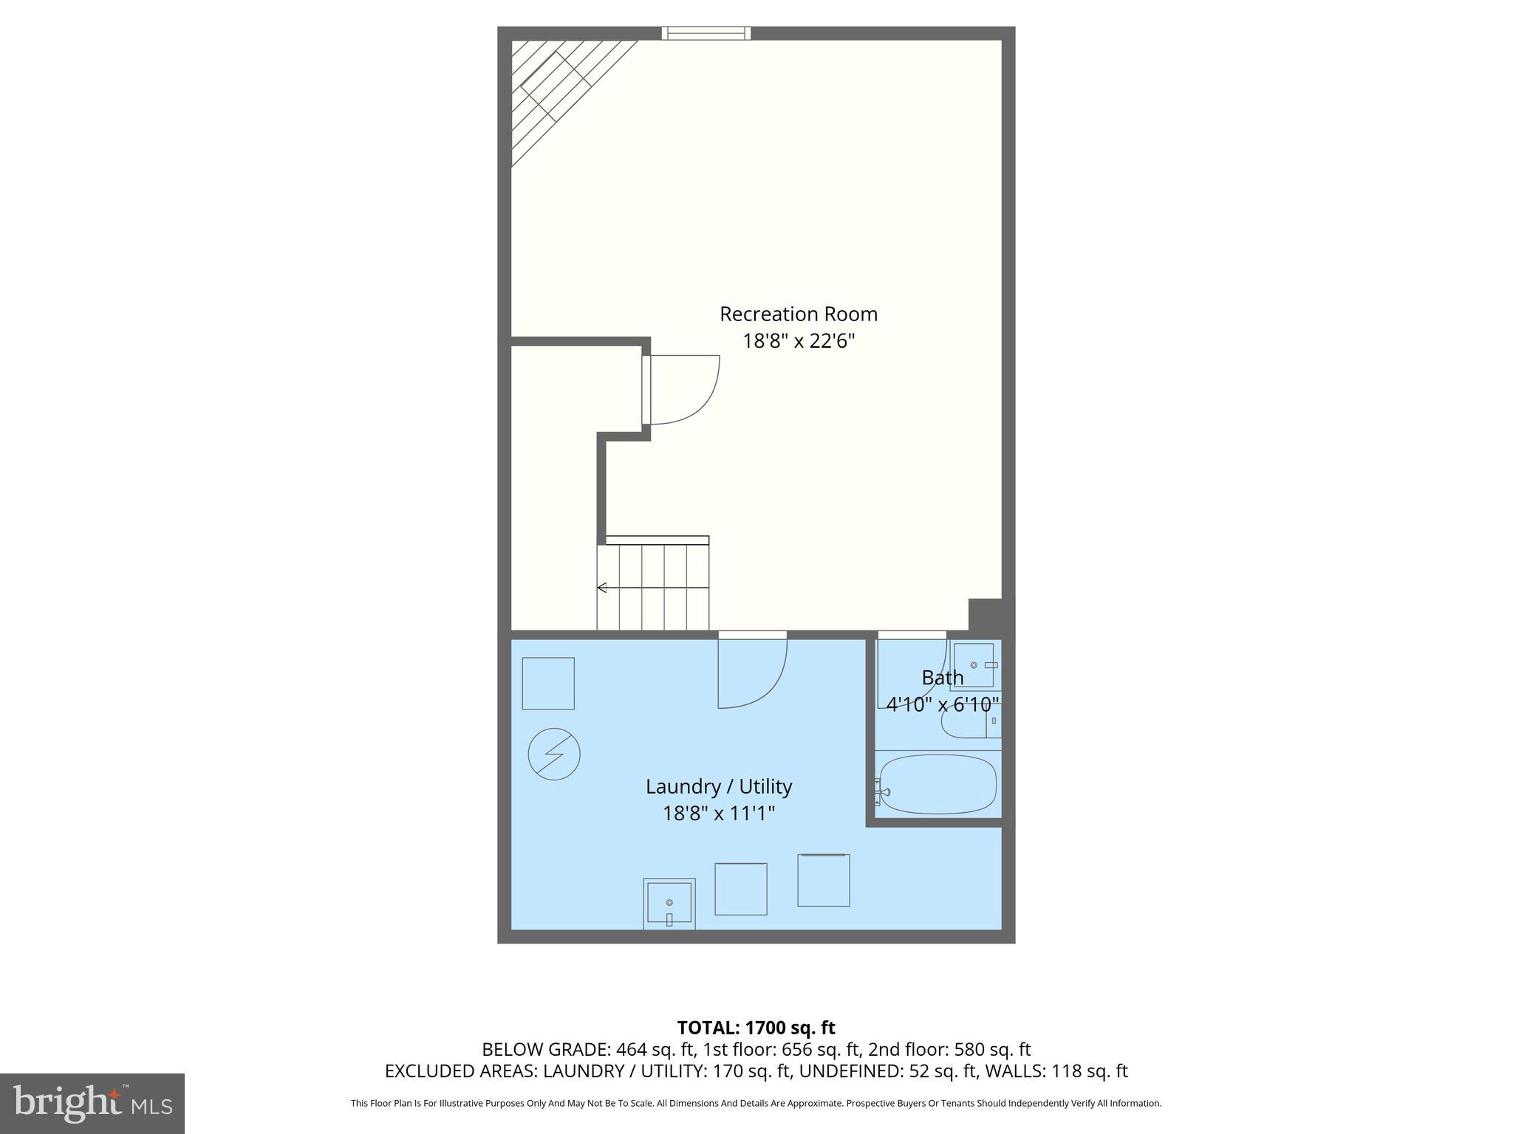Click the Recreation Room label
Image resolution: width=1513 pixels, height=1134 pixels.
click(x=799, y=315)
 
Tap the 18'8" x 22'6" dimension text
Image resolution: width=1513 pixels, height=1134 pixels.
click(x=799, y=341)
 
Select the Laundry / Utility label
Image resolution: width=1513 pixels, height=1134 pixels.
click(x=719, y=787)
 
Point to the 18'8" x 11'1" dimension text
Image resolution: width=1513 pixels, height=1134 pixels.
click(x=719, y=814)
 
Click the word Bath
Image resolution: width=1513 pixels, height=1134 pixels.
click(x=943, y=678)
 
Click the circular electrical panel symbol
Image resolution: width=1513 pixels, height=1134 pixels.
click(x=554, y=755)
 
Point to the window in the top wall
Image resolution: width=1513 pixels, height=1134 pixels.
click(x=706, y=33)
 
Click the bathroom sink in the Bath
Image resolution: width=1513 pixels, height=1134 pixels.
click(x=974, y=665)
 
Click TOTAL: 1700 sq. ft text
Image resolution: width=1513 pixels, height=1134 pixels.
click(x=756, y=1028)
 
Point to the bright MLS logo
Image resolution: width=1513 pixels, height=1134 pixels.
click(x=92, y=1103)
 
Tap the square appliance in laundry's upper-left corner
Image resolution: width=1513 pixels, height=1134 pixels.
click(x=548, y=684)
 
